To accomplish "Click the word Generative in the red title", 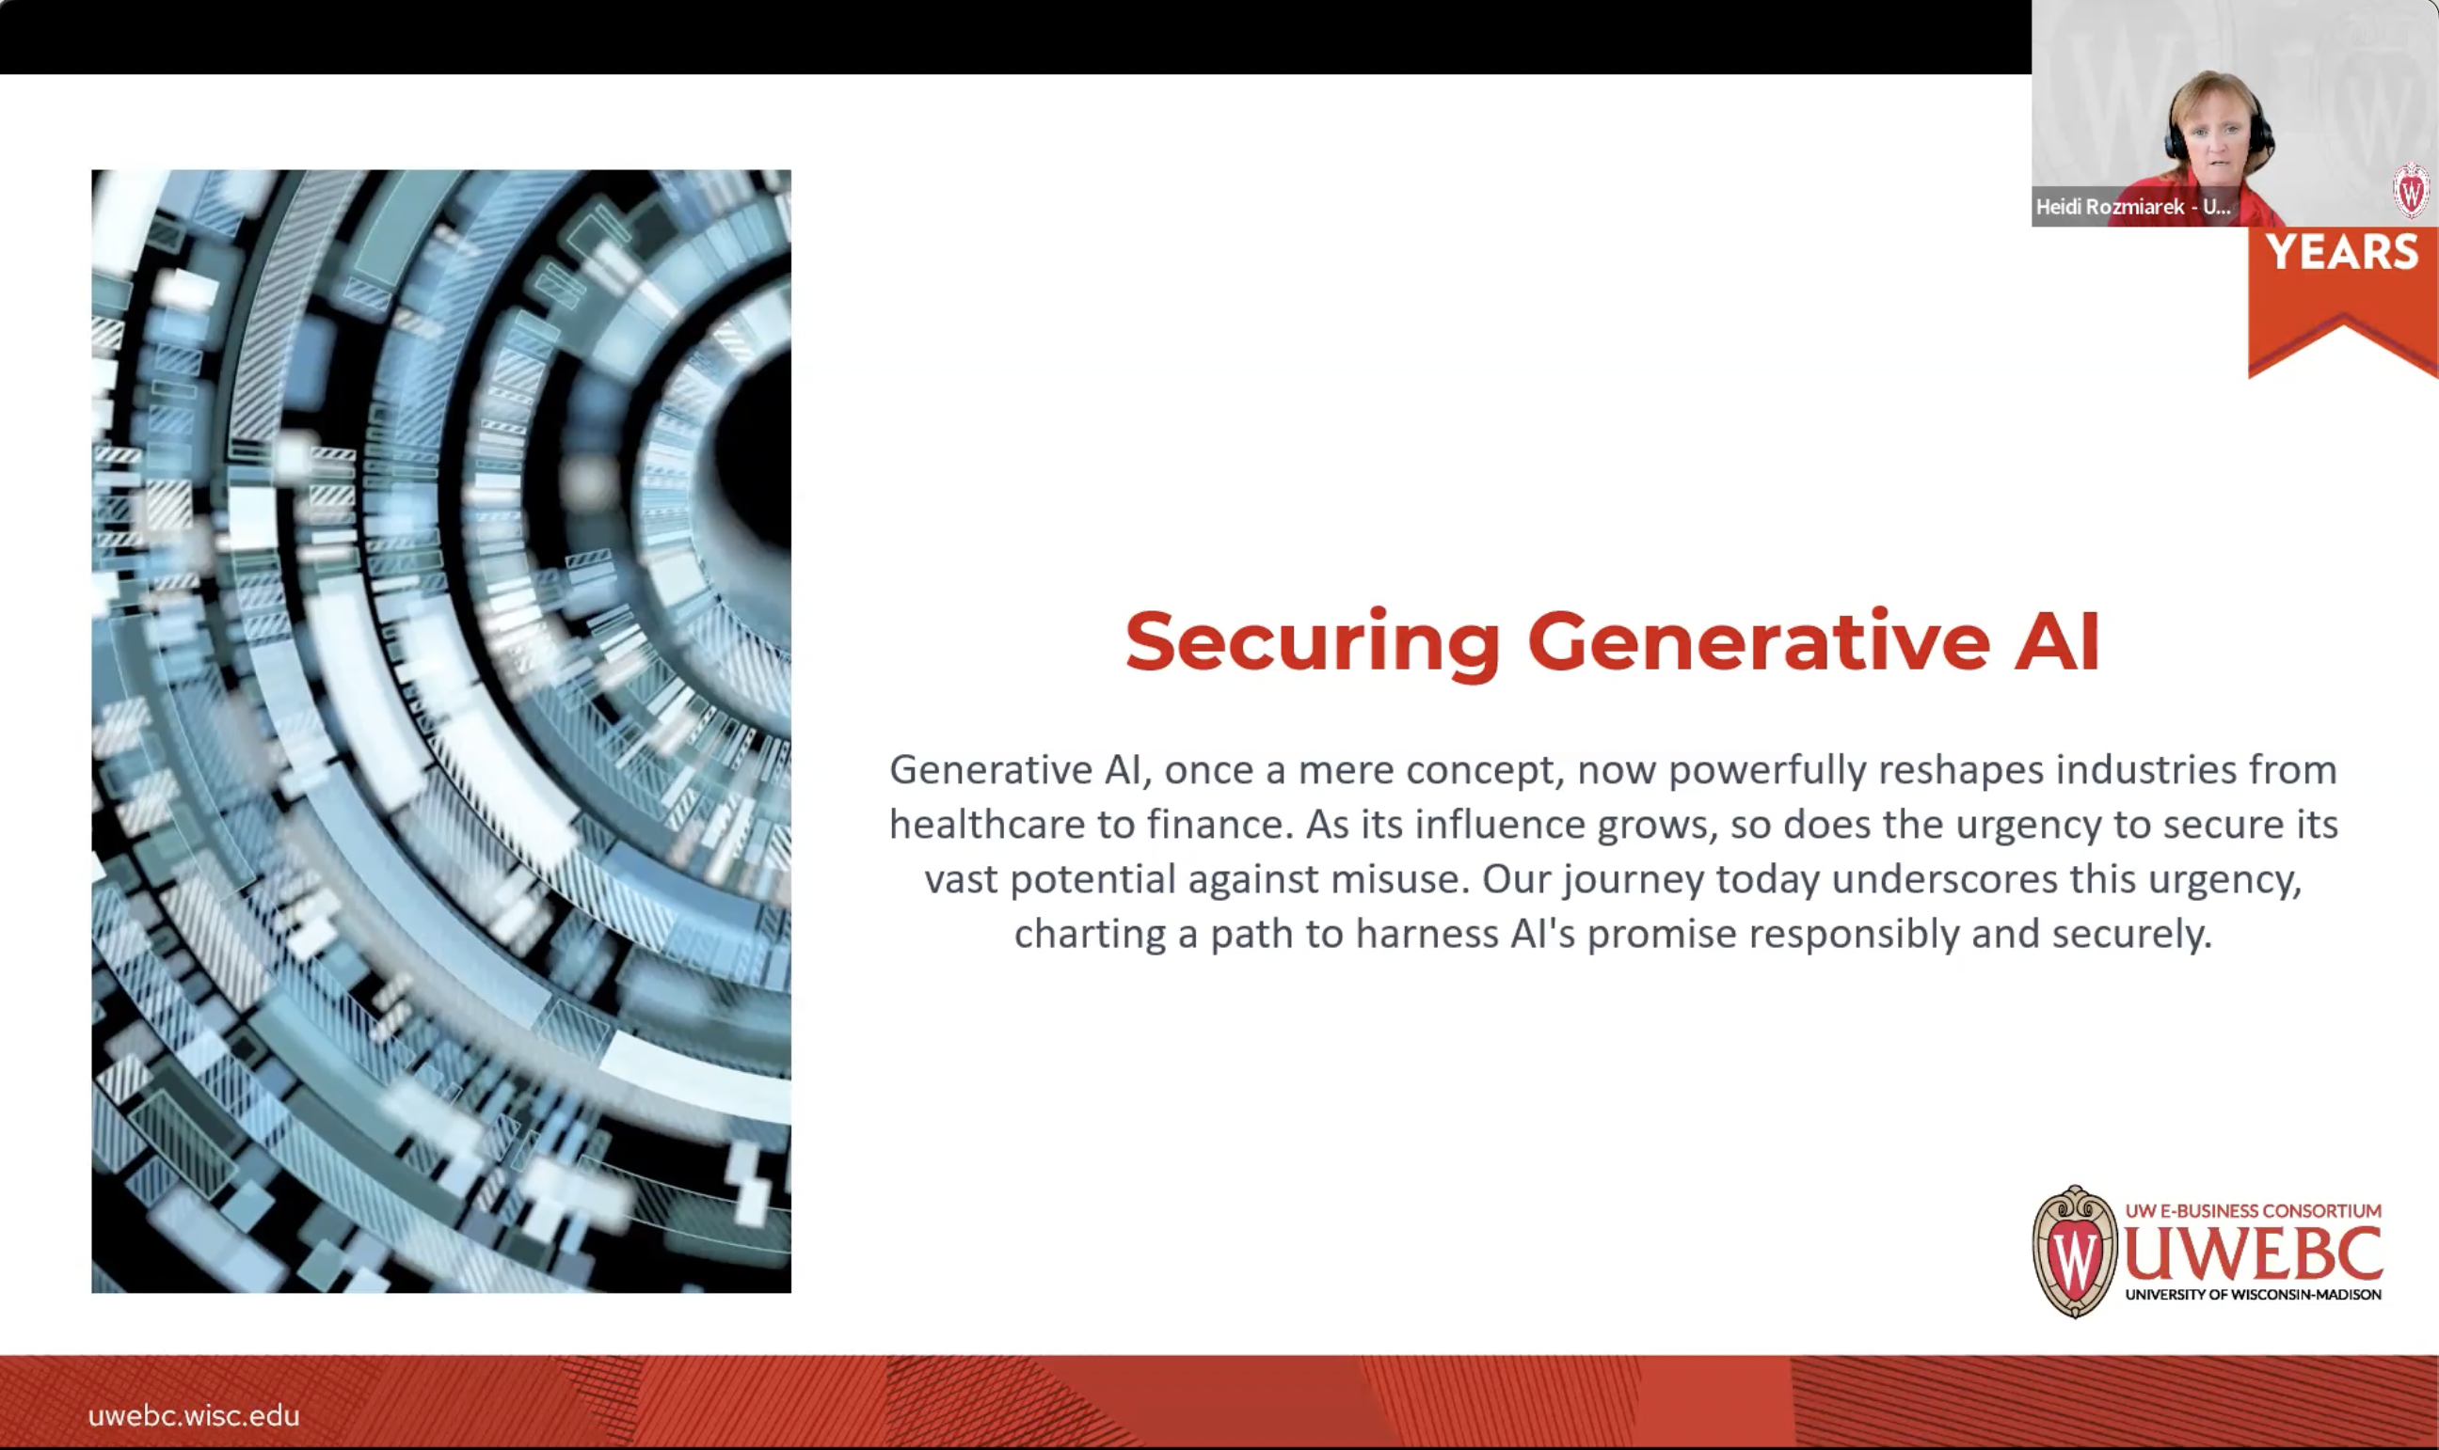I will pos(1758,642).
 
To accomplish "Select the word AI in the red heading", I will pos(2056,642).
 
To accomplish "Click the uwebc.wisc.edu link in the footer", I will pos(194,1416).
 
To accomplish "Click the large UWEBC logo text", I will pos(2254,1253).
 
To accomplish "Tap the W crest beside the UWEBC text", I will pos(2073,1252).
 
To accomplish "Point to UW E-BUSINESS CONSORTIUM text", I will pos(2254,1210).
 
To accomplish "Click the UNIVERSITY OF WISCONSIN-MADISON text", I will pos(2254,1295).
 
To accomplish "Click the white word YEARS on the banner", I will pos(2342,253).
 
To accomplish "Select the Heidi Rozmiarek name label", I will pos(2132,207).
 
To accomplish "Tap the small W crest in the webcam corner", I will pos(2411,192).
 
